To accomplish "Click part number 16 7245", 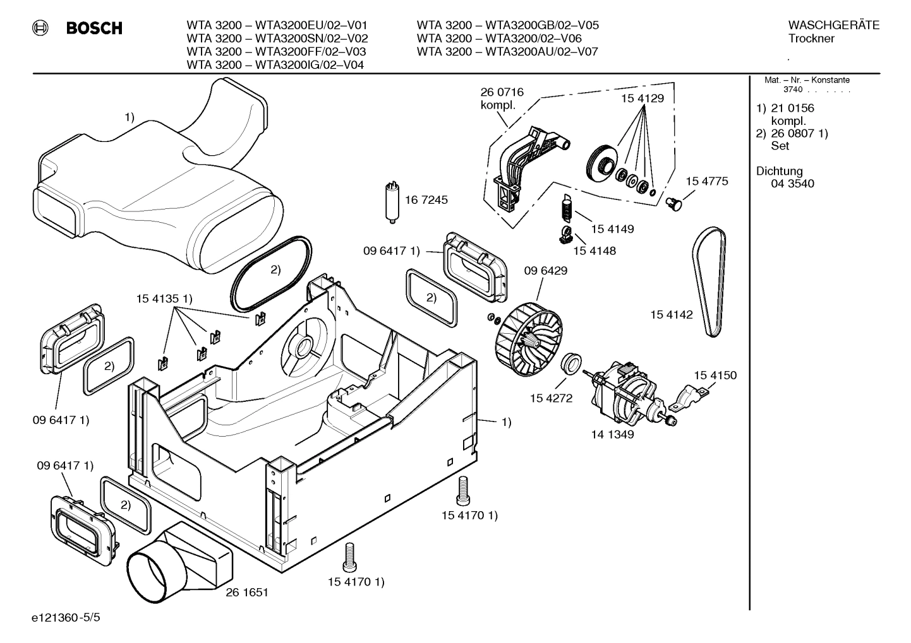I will (x=426, y=200).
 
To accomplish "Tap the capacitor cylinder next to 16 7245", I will (x=392, y=202).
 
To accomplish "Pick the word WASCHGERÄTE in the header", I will (x=833, y=25).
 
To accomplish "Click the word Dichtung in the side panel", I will (x=779, y=171).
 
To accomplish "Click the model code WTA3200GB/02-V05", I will (x=542, y=25).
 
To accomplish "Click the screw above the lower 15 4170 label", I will (x=347, y=557).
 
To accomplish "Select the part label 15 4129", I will (x=643, y=98).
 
